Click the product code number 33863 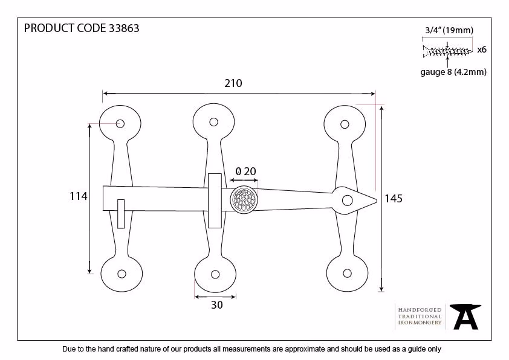[124, 28]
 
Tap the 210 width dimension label [233, 83]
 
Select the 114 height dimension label [79, 196]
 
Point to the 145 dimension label [394, 199]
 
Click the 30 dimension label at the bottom [217, 305]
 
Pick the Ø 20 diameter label [246, 172]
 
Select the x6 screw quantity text [482, 50]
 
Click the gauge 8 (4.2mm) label [453, 72]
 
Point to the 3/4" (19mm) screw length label [449, 30]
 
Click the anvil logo [465, 317]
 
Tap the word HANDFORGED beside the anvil [420, 310]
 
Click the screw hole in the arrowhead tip [348, 201]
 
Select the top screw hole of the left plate [120, 124]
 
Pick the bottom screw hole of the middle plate [215, 274]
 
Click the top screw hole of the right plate [345, 124]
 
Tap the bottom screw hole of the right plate [347, 274]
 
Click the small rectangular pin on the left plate [121, 214]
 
